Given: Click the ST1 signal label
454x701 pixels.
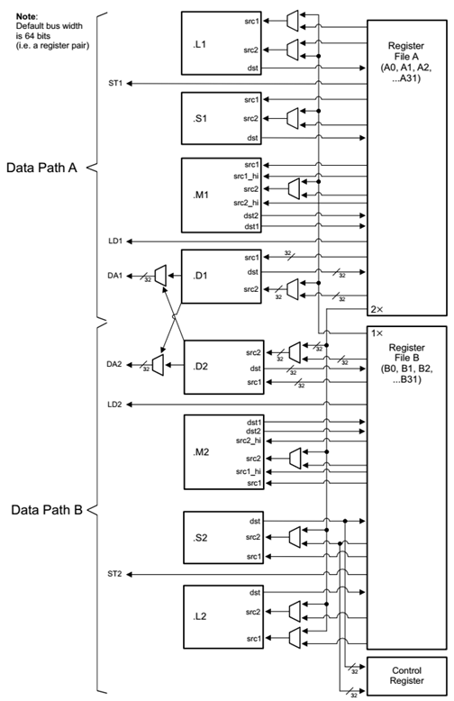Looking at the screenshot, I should [x=114, y=84].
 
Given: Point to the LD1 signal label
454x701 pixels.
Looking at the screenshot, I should [x=114, y=241].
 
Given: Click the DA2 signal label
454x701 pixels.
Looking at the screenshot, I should [x=114, y=364].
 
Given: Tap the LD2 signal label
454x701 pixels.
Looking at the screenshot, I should [x=114, y=405].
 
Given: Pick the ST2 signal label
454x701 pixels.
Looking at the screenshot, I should [x=114, y=573].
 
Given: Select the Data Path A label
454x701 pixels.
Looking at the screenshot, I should [x=47, y=168].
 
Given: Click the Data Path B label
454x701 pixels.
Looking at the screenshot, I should [x=47, y=510].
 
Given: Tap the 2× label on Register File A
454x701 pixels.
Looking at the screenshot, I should [x=377, y=309].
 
